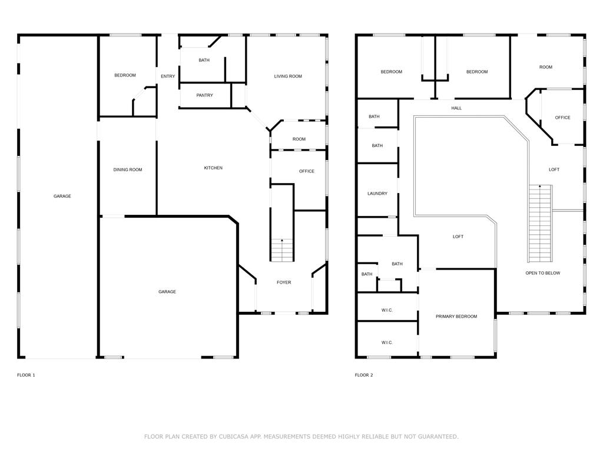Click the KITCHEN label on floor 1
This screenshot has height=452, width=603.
click(x=213, y=168)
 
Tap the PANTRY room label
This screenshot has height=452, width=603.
click(x=204, y=95)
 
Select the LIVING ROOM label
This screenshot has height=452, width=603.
click(x=288, y=77)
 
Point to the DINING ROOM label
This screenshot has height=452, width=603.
click(x=128, y=170)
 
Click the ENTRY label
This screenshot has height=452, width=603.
click(x=168, y=77)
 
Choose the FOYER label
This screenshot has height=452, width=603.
click(x=284, y=282)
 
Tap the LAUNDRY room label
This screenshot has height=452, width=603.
click(x=377, y=194)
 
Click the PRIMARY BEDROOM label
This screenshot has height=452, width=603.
click(x=456, y=317)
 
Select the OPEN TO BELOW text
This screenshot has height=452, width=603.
click(x=542, y=273)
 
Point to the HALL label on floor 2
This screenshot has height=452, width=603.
click(x=456, y=108)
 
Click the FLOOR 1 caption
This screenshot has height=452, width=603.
click(x=26, y=375)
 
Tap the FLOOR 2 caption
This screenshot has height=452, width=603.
click(x=363, y=375)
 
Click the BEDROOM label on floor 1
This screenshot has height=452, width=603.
click(x=125, y=75)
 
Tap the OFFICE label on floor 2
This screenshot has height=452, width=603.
click(x=562, y=118)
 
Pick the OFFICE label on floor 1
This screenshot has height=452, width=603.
click(x=306, y=172)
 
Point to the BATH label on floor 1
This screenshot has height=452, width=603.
click(x=204, y=60)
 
